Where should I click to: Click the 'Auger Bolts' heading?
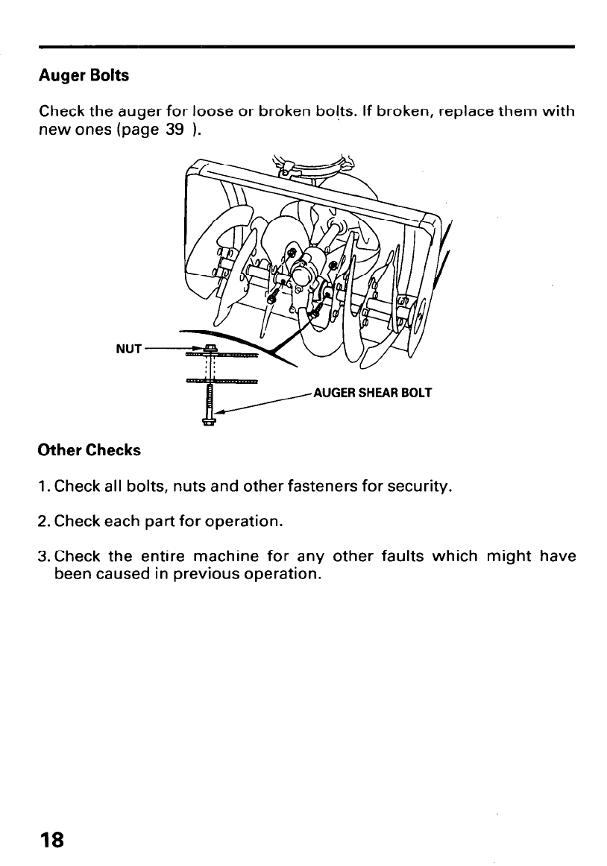(84, 76)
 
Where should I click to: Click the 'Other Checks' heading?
(89, 451)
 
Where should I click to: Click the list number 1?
(43, 487)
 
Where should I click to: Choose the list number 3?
(43, 556)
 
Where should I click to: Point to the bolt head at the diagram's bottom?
(209, 425)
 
